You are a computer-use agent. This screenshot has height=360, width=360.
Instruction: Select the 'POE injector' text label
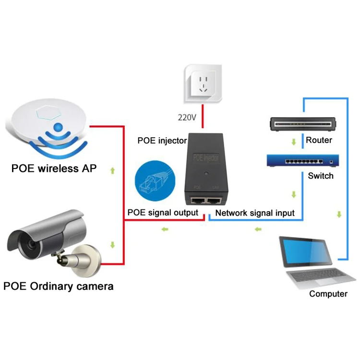point(162,141)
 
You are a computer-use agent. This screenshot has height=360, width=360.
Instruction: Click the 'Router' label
point(319,140)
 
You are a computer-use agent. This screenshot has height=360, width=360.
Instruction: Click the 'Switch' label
point(320,176)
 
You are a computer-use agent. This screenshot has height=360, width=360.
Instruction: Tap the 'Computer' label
point(328,294)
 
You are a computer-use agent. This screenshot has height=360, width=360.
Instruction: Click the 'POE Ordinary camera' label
point(58,287)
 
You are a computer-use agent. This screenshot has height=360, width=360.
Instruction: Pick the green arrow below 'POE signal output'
point(165,230)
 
